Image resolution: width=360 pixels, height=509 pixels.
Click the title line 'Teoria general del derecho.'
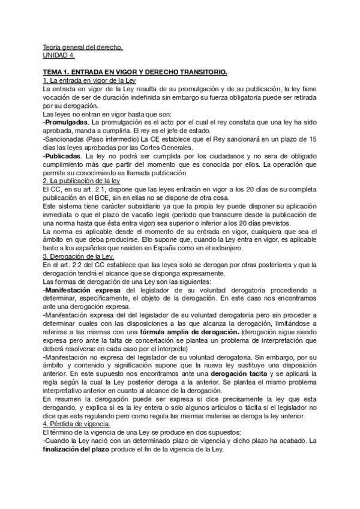tap(83, 47)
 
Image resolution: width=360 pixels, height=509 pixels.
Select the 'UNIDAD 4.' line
tap(59, 55)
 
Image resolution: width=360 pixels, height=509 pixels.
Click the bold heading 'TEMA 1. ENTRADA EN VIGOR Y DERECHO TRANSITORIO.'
tap(136, 72)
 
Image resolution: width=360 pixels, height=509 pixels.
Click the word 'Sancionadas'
tap(66, 139)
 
